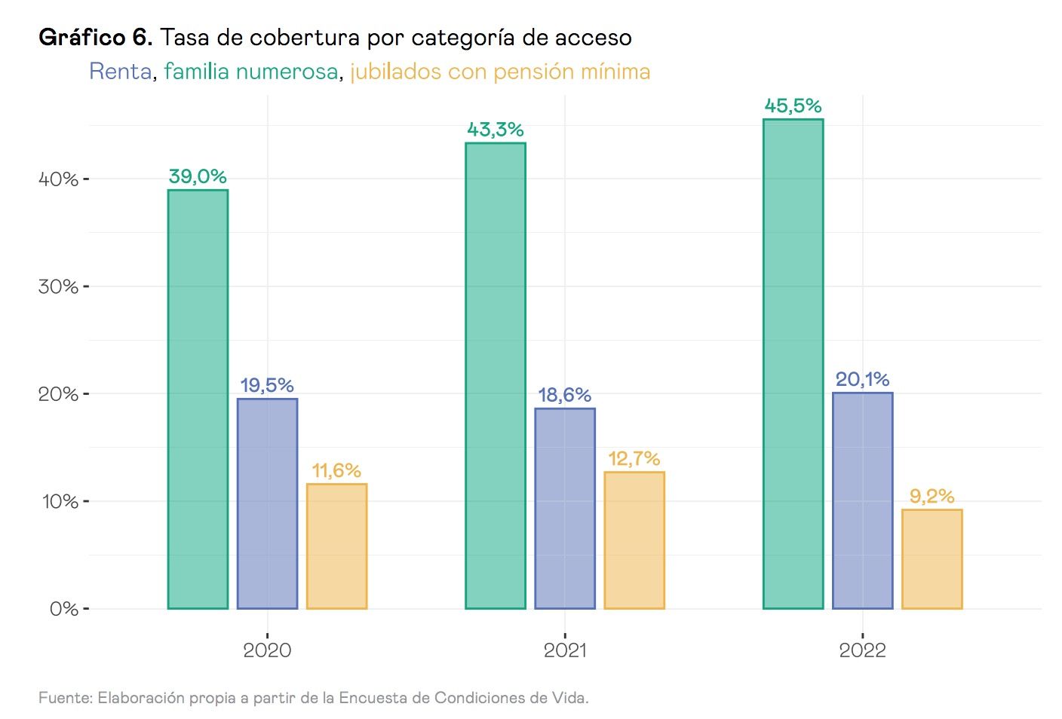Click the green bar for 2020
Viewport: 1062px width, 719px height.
pos(198,399)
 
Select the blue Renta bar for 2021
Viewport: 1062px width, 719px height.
pos(565,509)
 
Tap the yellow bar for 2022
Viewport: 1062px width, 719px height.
pos(932,559)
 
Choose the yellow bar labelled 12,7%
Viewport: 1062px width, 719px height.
pos(634,540)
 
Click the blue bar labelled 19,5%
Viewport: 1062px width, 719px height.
pos(267,503)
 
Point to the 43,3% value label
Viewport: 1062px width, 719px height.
pos(496,130)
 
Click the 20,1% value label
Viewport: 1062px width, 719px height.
pos(862,379)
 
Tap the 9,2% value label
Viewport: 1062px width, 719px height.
pos(932,496)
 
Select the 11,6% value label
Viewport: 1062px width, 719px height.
pos(336,470)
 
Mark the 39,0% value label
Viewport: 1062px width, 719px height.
pos(198,176)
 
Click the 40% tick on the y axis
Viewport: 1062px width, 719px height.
pos(59,179)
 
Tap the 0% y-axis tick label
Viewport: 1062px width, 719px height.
pos(63,609)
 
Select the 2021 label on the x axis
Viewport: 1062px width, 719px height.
pos(565,650)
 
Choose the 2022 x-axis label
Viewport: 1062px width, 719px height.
pos(862,650)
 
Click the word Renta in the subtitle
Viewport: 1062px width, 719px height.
pos(121,72)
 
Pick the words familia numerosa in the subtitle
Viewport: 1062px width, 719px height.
pos(250,72)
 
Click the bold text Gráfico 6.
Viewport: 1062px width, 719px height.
pos(96,37)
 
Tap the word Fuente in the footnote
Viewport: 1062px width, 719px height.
pos(66,698)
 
